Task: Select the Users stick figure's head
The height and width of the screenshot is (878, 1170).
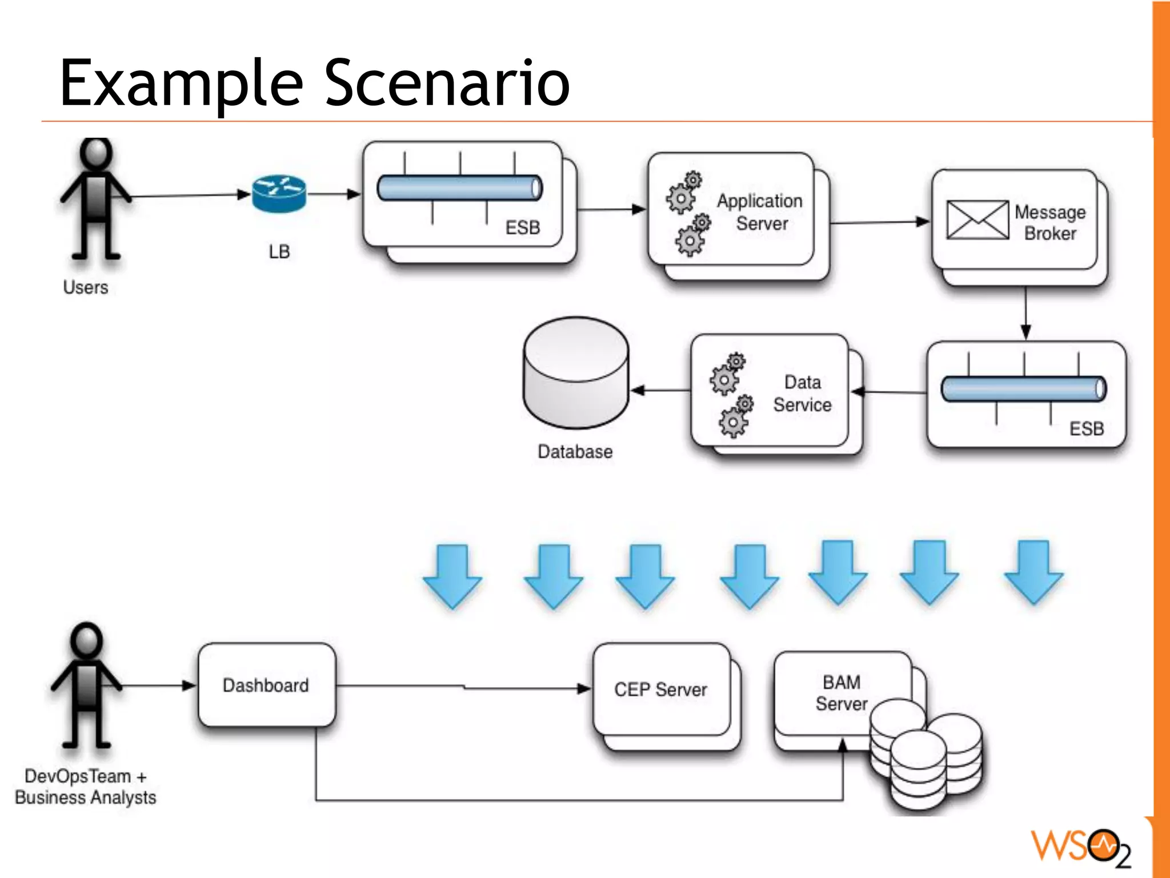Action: pyautogui.click(x=96, y=153)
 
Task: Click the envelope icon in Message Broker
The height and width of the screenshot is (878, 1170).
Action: pyautogui.click(x=977, y=220)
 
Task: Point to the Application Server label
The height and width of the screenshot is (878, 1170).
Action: pyautogui.click(x=760, y=212)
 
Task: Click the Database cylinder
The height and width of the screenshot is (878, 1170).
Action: pyautogui.click(x=576, y=374)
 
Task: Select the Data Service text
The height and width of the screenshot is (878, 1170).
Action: pyautogui.click(x=802, y=394)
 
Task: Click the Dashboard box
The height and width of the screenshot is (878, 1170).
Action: pyautogui.click(x=266, y=685)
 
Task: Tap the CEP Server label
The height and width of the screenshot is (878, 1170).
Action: pyautogui.click(x=660, y=689)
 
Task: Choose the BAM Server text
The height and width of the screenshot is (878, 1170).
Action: pyautogui.click(x=841, y=692)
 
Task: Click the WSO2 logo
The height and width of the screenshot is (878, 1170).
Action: pyautogui.click(x=1080, y=847)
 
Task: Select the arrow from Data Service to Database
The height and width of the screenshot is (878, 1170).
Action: pyautogui.click(x=660, y=391)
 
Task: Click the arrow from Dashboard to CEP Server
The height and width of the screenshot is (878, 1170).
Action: pyautogui.click(x=463, y=687)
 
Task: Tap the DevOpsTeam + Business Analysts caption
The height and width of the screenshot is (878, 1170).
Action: pyautogui.click(x=86, y=787)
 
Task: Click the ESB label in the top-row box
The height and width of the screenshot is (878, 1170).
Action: pyautogui.click(x=522, y=227)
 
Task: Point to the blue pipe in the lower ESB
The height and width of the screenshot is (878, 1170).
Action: pyautogui.click(x=1023, y=389)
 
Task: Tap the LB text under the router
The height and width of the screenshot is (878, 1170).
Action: pyautogui.click(x=279, y=251)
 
